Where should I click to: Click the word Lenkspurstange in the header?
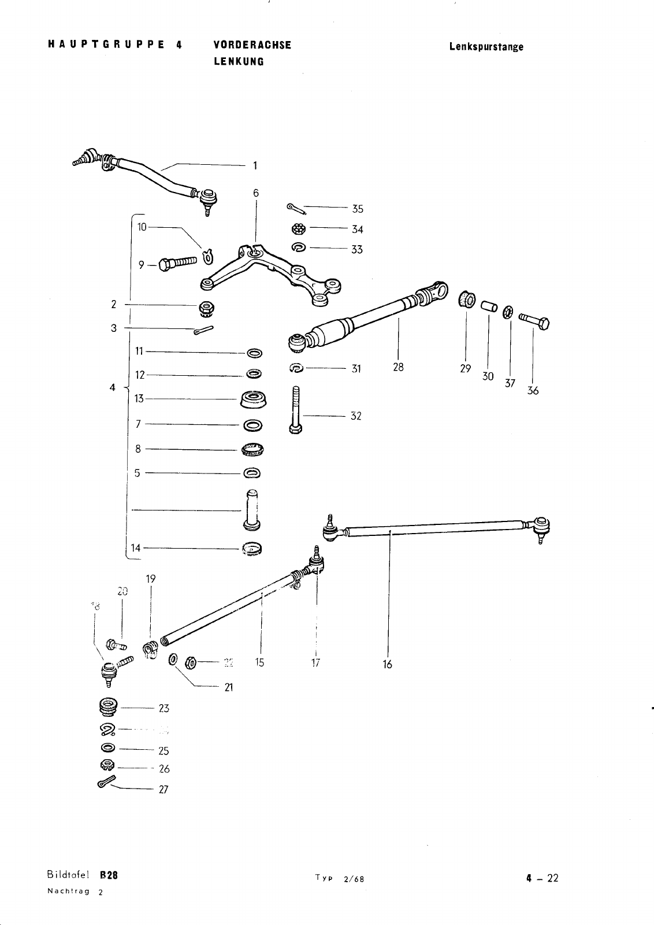[486, 47]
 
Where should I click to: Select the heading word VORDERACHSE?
[252, 46]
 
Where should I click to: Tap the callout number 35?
[358, 209]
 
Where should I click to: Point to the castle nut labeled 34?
[298, 228]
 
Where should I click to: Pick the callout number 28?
[398, 367]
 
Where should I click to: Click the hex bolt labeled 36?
[535, 320]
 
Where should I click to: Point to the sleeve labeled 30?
[489, 305]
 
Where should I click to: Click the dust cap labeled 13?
[252, 399]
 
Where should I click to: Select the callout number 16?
[387, 664]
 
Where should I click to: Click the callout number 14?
[136, 548]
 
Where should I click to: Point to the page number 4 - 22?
[542, 879]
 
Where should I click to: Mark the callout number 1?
[254, 166]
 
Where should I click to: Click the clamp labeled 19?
[150, 650]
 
